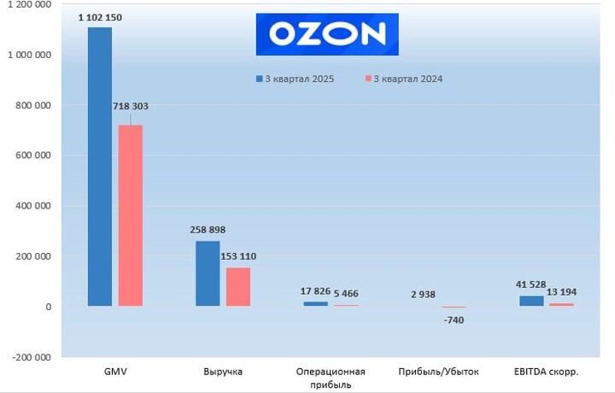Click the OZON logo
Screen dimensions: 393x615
(327, 34)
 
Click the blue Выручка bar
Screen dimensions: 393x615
(208, 273)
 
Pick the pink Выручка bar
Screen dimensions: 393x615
(238, 286)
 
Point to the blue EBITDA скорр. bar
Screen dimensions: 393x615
(531, 301)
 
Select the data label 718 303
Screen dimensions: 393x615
(131, 106)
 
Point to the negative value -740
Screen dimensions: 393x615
(454, 320)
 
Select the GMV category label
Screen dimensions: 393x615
(114, 372)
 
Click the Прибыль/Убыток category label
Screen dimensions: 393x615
(438, 372)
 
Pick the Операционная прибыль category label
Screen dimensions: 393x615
(331, 378)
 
